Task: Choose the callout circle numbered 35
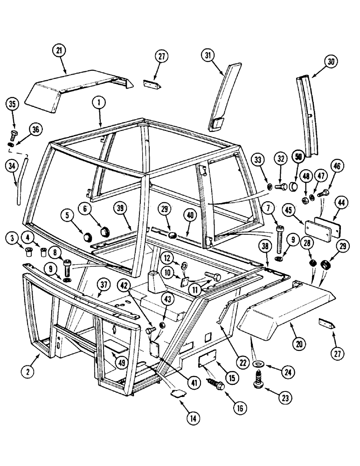point(14,104)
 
